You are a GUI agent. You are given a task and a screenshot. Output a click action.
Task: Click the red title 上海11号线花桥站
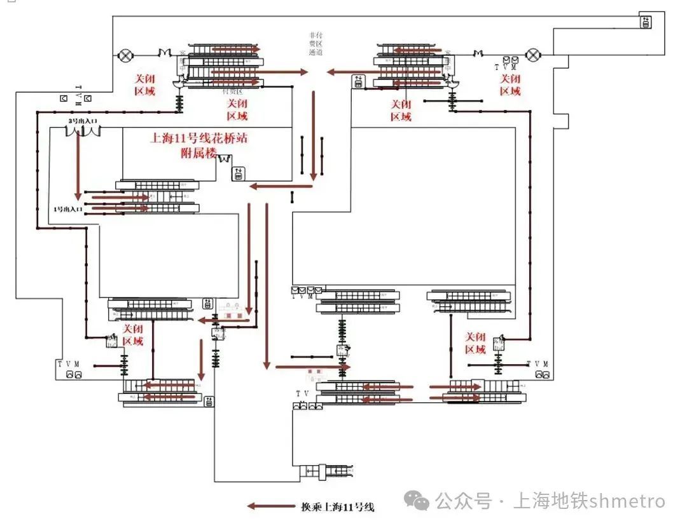point(198,139)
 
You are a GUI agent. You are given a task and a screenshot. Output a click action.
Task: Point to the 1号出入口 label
point(69,209)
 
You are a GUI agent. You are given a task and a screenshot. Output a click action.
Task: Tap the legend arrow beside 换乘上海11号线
point(271,506)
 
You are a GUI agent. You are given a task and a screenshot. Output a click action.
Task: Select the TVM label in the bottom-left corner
point(68,364)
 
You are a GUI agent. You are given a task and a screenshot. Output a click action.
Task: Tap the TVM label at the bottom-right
point(537,363)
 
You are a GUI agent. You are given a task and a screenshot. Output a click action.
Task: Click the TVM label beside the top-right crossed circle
point(506,66)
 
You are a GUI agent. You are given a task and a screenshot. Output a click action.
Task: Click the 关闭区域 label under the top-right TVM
point(510,85)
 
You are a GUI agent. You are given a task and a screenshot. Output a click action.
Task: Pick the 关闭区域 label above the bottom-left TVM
point(133,335)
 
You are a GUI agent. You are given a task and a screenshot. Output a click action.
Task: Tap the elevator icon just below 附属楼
point(238,173)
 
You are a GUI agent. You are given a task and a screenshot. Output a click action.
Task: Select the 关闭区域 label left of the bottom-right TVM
point(476,343)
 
